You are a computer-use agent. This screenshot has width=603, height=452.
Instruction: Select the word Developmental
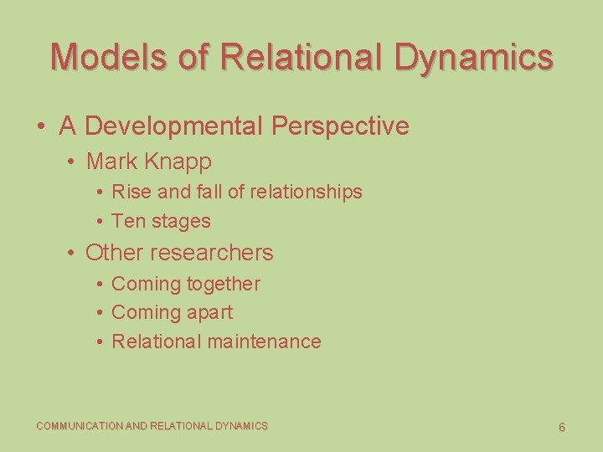175,126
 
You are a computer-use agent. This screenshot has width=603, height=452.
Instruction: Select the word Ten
128,222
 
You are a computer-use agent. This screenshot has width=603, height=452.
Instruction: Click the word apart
210,312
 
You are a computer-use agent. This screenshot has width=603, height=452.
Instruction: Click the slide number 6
562,427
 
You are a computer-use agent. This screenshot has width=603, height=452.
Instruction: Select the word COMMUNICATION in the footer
79,426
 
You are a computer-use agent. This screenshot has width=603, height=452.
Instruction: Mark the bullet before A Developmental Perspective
40,127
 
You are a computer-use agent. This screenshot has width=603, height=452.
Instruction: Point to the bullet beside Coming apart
100,313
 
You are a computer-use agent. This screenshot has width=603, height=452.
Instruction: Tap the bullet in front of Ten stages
100,222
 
